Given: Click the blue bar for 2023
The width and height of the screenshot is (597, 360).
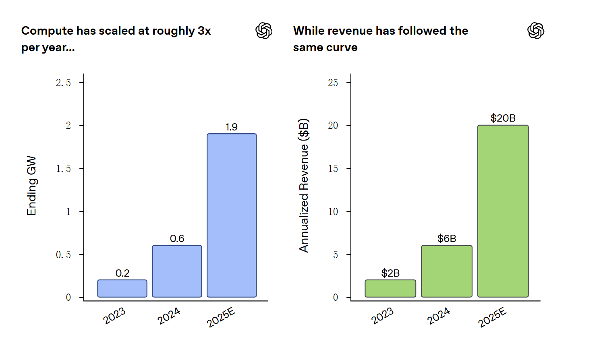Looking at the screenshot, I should pos(122,288).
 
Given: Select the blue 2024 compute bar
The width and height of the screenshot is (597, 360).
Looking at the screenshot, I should pos(177,271).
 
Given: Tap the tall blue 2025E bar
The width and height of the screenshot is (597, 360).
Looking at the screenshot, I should pos(232,215).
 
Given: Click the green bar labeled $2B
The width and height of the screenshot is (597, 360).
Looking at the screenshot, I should pos(390,288).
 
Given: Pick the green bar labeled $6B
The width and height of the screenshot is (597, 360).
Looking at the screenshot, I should pos(446,271).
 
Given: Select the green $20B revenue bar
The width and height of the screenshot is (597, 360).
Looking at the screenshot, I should pos(503,211).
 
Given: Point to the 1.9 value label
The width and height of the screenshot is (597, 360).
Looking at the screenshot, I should pos(231,127).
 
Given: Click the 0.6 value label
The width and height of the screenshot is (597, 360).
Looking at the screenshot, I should pos(177,238).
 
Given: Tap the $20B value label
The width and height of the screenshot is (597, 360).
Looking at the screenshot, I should pos(503,118).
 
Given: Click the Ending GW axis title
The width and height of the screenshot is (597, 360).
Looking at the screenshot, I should pos(31,186).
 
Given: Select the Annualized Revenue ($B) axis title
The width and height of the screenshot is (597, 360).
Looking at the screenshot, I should pos(304,186).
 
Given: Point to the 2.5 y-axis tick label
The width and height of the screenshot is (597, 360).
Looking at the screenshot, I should pos(63,83).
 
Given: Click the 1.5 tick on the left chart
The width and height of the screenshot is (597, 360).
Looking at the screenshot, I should pos(63,168).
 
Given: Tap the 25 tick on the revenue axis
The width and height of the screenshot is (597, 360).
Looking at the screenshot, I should pos(333,83).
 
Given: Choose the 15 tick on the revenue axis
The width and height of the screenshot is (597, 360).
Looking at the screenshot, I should pos(333,168).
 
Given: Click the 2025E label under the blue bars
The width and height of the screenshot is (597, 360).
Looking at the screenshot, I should pos(221,317).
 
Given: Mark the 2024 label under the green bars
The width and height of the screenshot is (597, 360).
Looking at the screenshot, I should pos(438,316).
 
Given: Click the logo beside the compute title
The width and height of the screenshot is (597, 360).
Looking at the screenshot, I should pos(264,31).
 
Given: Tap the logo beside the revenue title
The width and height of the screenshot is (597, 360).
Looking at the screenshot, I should pos(536,31).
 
